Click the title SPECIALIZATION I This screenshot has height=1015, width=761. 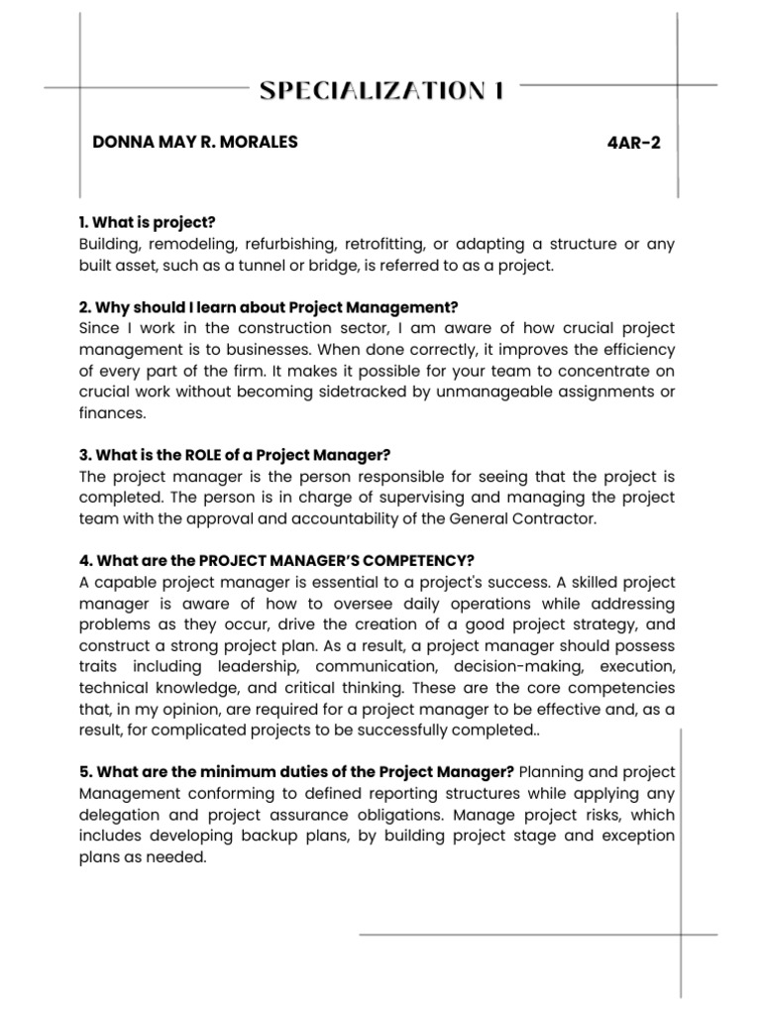[x=381, y=91]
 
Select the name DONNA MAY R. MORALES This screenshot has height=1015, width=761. [x=194, y=142]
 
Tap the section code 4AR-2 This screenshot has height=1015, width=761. [x=633, y=143]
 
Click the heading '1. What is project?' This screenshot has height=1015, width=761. [x=147, y=222]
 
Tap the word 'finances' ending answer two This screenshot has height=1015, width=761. [x=111, y=413]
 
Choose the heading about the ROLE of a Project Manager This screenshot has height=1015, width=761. [x=234, y=455]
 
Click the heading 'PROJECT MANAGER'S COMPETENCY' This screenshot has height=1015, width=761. [x=270, y=560]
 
